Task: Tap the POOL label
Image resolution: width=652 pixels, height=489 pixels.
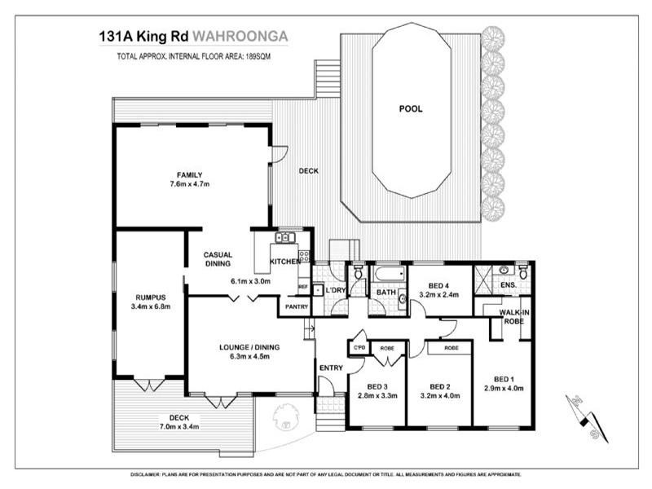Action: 411,108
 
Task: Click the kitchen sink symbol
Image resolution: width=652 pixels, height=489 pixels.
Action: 284,237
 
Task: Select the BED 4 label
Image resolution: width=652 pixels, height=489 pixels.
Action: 433,284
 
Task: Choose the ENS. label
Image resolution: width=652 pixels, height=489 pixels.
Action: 508,284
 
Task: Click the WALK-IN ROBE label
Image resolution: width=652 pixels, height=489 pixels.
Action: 514,316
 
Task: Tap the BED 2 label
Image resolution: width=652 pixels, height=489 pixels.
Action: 439,385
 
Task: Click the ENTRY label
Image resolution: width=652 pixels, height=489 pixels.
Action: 331,368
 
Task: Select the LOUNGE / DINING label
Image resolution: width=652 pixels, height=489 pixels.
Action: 249,347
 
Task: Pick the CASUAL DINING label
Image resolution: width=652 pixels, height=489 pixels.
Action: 218,259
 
